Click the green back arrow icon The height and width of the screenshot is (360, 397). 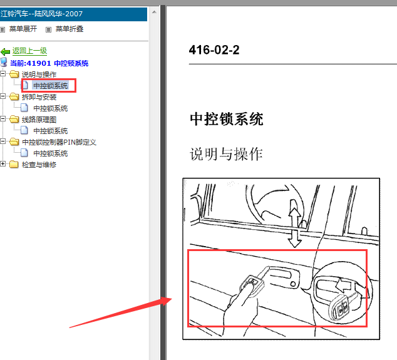(5, 51)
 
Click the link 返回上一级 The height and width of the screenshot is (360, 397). (29, 51)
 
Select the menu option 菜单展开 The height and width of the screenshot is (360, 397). (23, 29)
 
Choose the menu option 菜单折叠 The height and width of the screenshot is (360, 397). (70, 29)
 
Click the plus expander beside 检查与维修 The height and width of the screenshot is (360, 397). (3, 164)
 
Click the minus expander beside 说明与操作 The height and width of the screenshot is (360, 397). (3, 74)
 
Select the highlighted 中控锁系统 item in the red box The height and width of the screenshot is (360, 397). (50, 86)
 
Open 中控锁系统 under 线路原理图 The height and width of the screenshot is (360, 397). (50, 131)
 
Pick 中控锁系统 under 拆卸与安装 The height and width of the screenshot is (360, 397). (50, 108)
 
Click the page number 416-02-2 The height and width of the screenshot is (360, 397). (214, 50)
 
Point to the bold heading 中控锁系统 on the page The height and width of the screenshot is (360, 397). (227, 119)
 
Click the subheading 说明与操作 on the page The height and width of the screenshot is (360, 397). (226, 153)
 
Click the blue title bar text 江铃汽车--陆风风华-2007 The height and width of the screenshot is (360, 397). (41, 14)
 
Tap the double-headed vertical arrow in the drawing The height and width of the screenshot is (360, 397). (295, 224)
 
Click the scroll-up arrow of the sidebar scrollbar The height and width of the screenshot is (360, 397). (154, 12)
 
